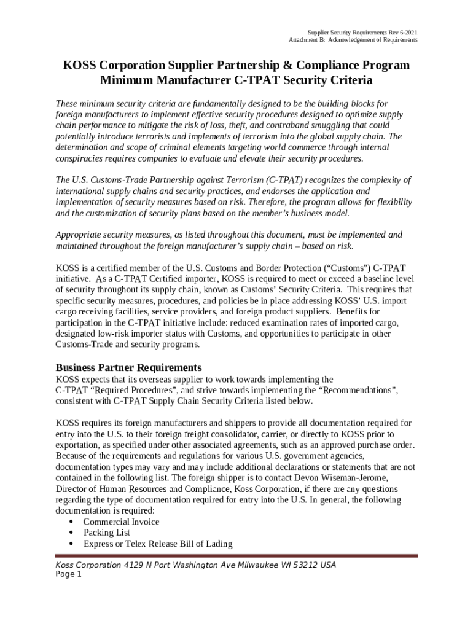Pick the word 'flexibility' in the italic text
click(389, 203)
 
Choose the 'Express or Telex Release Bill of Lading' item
click(158, 544)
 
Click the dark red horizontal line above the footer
click(237, 557)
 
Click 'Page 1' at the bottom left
click(68, 575)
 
